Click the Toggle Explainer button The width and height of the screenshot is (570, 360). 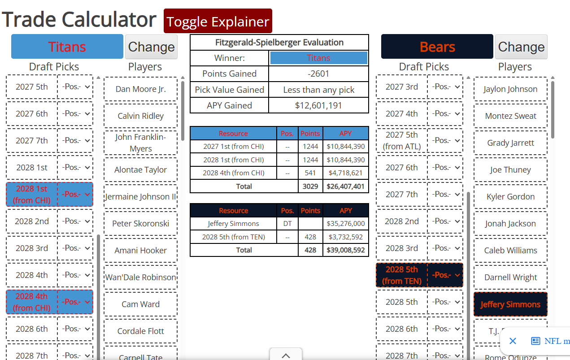tap(218, 21)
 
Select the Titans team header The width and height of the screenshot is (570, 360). tap(67, 47)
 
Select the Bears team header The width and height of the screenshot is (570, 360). tap(437, 47)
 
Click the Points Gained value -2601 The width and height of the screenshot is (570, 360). tap(318, 74)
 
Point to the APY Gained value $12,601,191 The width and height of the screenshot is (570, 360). tap(318, 105)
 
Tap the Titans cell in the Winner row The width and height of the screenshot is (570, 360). tap(318, 58)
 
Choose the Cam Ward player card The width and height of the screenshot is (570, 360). tap(140, 304)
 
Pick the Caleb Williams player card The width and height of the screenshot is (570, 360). tap(510, 250)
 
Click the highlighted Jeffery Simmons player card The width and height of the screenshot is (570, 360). tap(510, 304)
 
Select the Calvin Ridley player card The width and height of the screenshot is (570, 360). tap(140, 116)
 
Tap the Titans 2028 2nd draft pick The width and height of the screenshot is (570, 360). tap(32, 221)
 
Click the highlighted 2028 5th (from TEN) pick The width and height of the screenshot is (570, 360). tap(401, 275)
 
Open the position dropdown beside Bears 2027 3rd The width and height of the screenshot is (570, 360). tap(445, 87)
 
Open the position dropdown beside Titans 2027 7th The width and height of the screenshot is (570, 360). tap(75, 140)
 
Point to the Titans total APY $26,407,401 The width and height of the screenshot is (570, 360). tap(346, 187)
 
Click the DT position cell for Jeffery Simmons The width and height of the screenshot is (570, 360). tap(287, 224)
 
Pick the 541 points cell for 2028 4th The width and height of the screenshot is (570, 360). tap(310, 173)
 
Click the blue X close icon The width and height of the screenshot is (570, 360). tap(513, 341)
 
